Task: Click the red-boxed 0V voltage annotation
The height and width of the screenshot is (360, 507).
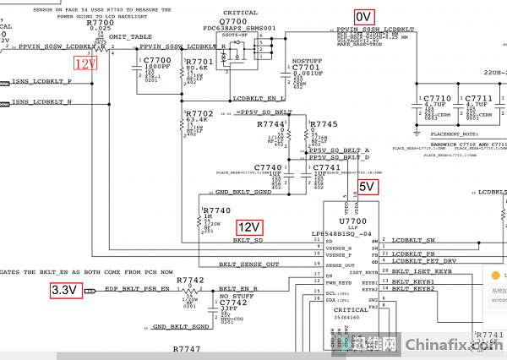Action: [363, 16]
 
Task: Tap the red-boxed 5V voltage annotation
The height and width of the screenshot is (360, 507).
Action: [368, 186]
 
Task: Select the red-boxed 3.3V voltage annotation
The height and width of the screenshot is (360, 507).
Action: [64, 290]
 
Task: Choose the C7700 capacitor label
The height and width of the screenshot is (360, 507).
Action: [158, 62]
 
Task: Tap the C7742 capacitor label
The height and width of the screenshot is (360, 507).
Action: [233, 302]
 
